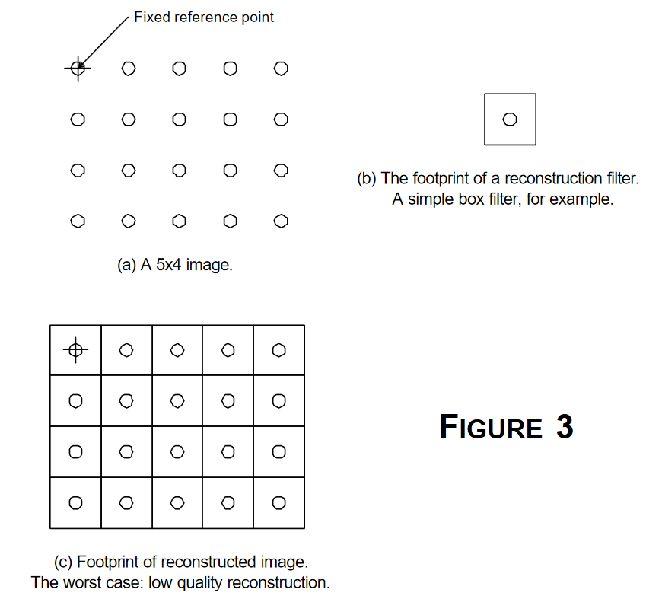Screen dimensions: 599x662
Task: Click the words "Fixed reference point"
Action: tap(204, 17)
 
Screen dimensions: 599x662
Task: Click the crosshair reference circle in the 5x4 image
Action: tap(77, 69)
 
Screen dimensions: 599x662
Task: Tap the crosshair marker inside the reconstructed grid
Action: tap(75, 350)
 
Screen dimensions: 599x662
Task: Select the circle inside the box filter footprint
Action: tap(510, 119)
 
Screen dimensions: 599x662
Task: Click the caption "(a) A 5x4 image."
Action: tap(174, 266)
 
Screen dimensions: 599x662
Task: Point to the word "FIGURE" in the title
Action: tap(491, 428)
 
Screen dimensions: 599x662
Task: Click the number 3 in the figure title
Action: tap(564, 427)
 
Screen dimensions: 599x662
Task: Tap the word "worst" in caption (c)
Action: tap(115, 583)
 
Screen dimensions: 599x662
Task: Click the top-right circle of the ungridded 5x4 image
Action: tap(281, 69)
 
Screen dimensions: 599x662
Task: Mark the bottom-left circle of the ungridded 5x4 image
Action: tap(77, 221)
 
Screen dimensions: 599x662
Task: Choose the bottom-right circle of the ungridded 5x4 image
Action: tap(281, 221)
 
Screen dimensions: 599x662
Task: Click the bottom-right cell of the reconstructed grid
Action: tap(279, 502)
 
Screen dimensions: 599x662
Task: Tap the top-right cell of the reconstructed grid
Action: tap(279, 350)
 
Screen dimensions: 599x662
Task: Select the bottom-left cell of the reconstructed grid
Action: tap(75, 502)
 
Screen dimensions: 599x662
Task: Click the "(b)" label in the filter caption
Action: tap(367, 179)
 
